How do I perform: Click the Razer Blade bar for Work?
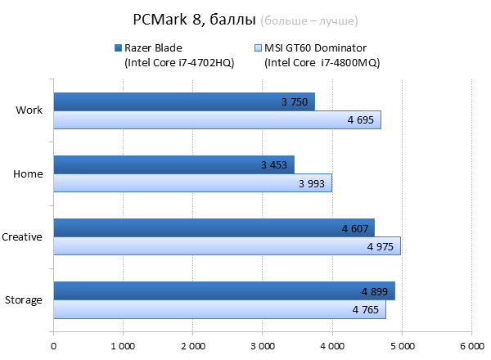click(x=184, y=101)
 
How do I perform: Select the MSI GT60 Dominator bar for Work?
click(x=217, y=120)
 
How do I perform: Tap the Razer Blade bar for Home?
click(x=173, y=164)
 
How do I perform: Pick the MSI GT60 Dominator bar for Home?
click(x=192, y=183)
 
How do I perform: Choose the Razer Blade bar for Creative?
click(x=214, y=227)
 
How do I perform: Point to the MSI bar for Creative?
click(x=227, y=246)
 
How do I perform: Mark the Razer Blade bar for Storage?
click(x=224, y=291)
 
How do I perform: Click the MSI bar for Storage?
click(x=219, y=310)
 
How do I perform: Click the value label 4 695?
click(x=360, y=120)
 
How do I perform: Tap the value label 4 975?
click(x=381, y=246)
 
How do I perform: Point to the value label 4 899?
click(x=375, y=291)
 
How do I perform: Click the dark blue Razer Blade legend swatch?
click(x=118, y=47)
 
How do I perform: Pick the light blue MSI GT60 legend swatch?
click(x=258, y=47)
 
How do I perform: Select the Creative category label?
click(x=22, y=237)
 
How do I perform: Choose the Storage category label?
click(x=23, y=300)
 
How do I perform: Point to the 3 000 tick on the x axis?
click(x=262, y=346)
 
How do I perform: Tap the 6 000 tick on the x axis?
click(x=471, y=346)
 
